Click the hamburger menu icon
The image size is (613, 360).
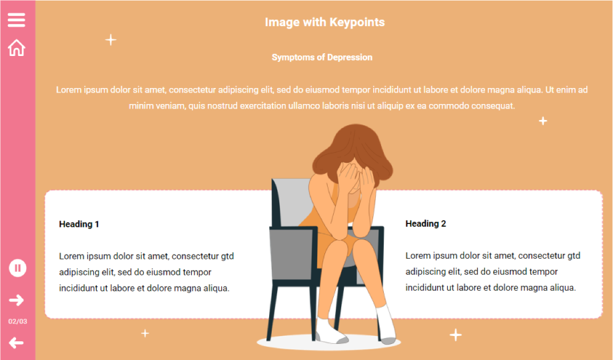pos(17,20)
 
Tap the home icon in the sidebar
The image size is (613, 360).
pos(17,48)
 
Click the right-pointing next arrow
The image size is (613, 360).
pos(17,300)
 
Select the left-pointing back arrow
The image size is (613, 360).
pos(17,343)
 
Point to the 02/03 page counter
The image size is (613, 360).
pos(17,321)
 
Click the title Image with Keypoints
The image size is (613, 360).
pos(324,22)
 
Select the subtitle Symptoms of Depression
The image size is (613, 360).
pos(322,57)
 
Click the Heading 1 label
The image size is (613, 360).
pos(79,224)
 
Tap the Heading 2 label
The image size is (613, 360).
pos(425,223)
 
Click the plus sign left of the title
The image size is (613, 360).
pos(111,39)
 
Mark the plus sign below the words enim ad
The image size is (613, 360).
pos(543,121)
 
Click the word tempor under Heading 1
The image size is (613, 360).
pos(197,273)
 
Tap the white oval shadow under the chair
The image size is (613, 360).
pos(328,343)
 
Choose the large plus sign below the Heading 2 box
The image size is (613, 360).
pos(456,335)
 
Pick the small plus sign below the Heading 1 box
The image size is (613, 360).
pos(145,333)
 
